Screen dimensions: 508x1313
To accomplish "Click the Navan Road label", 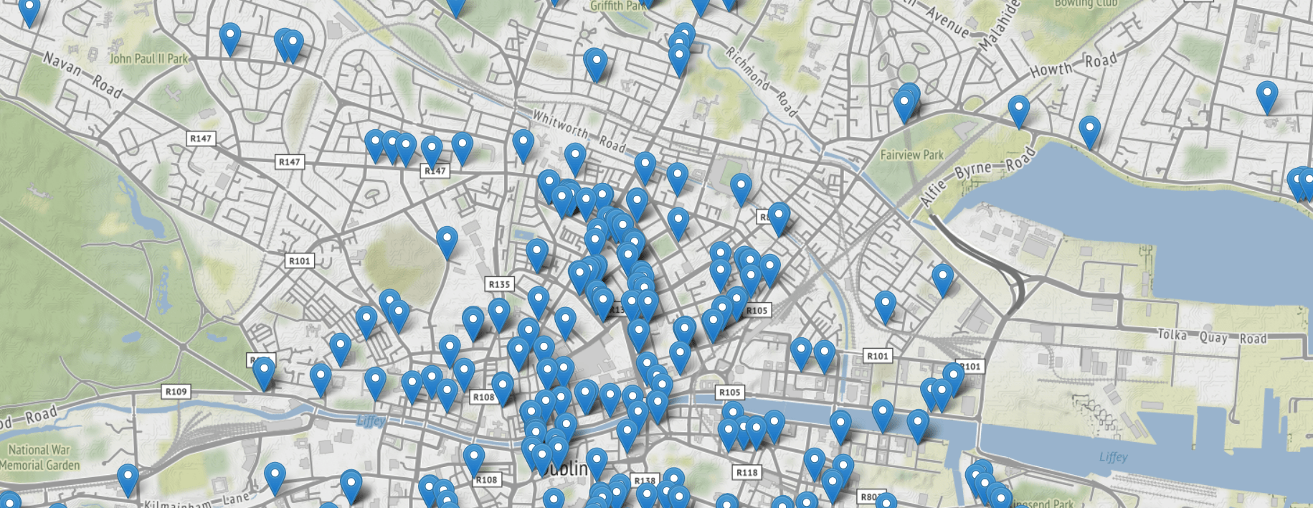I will [x=82, y=75].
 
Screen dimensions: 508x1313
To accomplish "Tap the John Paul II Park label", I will [x=148, y=58].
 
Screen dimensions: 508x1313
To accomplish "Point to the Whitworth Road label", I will [x=579, y=130].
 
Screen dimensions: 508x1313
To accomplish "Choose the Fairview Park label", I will [x=911, y=155].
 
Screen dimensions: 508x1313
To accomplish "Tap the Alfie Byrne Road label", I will [x=978, y=176].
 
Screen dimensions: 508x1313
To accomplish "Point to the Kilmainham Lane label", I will [x=196, y=501].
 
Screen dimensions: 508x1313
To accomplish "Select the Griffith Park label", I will [x=617, y=6].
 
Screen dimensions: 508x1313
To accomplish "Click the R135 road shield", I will [x=499, y=284].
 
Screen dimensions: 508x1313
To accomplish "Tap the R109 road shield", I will [x=176, y=392].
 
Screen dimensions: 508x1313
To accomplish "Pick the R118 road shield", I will [x=746, y=472].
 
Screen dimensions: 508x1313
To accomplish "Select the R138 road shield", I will [x=645, y=480].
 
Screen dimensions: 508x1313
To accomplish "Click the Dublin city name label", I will [x=567, y=469].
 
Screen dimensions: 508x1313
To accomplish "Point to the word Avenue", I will [x=947, y=22].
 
